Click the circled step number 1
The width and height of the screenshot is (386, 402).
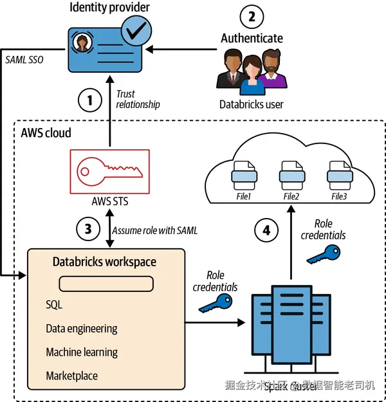pyautogui.click(x=90, y=100)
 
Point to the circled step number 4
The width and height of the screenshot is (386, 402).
pyautogui.click(x=266, y=228)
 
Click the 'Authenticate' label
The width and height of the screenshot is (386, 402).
pyautogui.click(x=252, y=39)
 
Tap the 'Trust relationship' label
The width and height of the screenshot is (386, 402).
pyautogui.click(x=137, y=99)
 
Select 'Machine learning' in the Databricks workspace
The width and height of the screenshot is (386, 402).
pyautogui.click(x=82, y=352)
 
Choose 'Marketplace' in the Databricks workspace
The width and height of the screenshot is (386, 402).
pyautogui.click(x=71, y=376)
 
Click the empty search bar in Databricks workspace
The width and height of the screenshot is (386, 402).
pyautogui.click(x=106, y=284)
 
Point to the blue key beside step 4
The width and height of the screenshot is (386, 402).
pyautogui.click(x=320, y=255)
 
